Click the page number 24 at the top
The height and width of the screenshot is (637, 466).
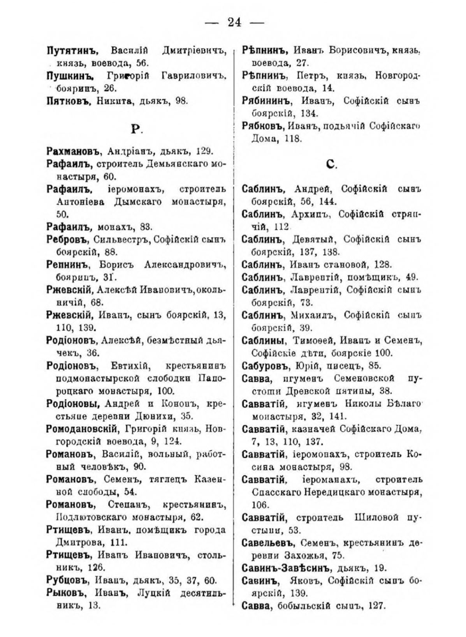[x=234, y=22]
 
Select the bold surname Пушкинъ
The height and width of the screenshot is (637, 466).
[x=72, y=76]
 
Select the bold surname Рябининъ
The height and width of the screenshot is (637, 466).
[x=267, y=101]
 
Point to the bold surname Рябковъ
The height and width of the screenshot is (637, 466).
[x=263, y=126]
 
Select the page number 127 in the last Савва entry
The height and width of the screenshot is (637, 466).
[x=375, y=606]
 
